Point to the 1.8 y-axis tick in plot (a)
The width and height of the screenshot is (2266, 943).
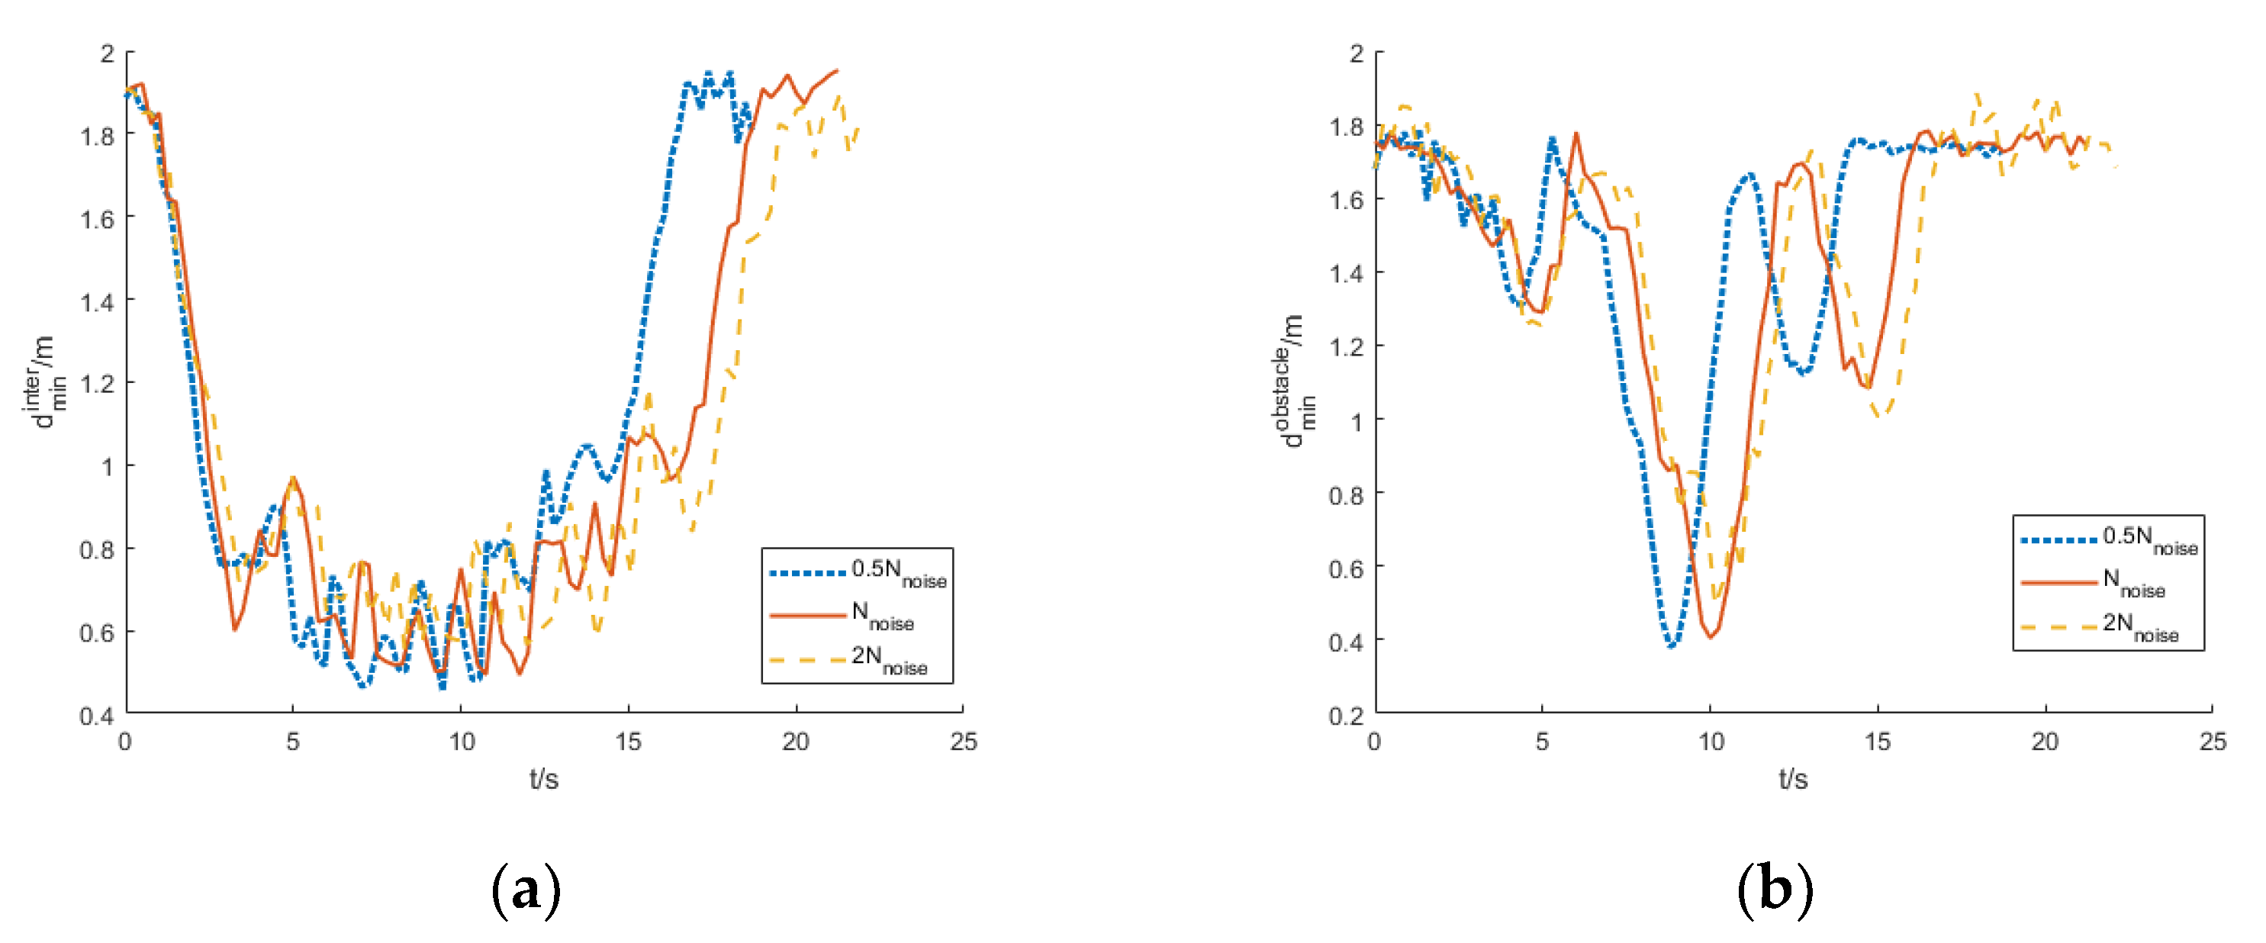[97, 136]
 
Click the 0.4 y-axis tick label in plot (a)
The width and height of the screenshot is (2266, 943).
[97, 715]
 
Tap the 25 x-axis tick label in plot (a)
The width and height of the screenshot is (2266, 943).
[963, 742]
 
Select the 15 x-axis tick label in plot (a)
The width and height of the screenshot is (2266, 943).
[628, 742]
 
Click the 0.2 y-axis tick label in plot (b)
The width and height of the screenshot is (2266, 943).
[1346, 715]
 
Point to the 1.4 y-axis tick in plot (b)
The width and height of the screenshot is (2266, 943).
[1346, 274]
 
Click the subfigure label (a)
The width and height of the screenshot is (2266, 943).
[525, 890]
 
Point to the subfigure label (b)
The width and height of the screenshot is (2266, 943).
[1775, 890]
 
